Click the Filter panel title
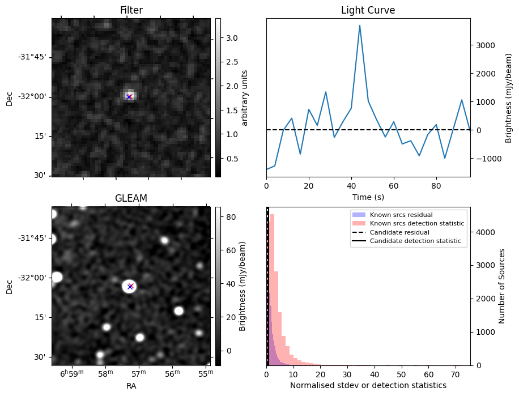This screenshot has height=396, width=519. tap(131, 10)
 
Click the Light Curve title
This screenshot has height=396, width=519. tap(368, 10)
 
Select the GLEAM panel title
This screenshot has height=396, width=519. tap(131, 198)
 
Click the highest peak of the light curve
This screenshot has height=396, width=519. tap(360, 25)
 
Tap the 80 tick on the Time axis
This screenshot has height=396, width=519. tap(436, 185)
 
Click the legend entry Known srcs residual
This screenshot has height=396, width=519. tap(401, 215)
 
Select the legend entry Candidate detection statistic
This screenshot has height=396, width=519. tap(415, 241)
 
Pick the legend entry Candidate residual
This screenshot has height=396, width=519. tap(399, 232)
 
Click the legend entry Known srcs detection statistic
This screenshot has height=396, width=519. tap(416, 223)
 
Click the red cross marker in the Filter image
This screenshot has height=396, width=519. tap(129, 97)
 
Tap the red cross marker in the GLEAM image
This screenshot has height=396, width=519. tap(130, 286)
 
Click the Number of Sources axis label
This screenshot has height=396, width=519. tap(502, 286)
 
